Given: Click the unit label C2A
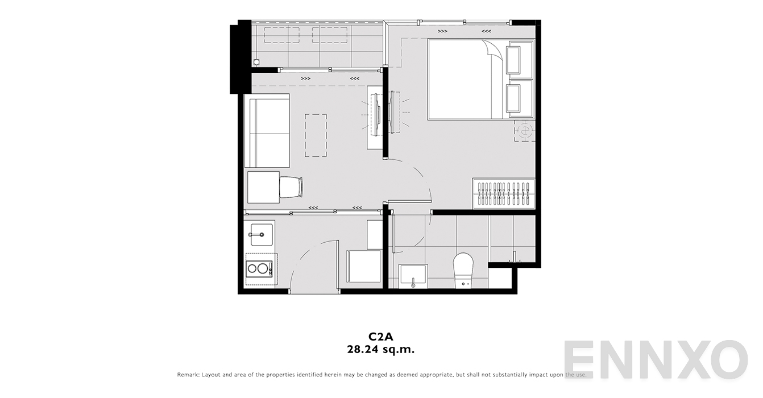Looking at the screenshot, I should [x=381, y=337].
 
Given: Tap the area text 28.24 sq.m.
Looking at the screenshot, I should [x=381, y=350].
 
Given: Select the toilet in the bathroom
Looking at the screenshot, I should [x=463, y=270].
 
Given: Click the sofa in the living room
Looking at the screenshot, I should [x=267, y=131].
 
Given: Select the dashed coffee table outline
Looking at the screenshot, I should [x=316, y=135].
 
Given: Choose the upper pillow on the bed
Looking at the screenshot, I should [x=519, y=58].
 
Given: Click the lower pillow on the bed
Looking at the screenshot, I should [x=519, y=98].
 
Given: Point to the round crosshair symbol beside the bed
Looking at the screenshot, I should [x=524, y=131].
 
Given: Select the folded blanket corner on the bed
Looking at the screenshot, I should [x=493, y=51].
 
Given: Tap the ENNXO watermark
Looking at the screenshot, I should [x=654, y=359].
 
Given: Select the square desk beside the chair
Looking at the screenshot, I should [x=263, y=187].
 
